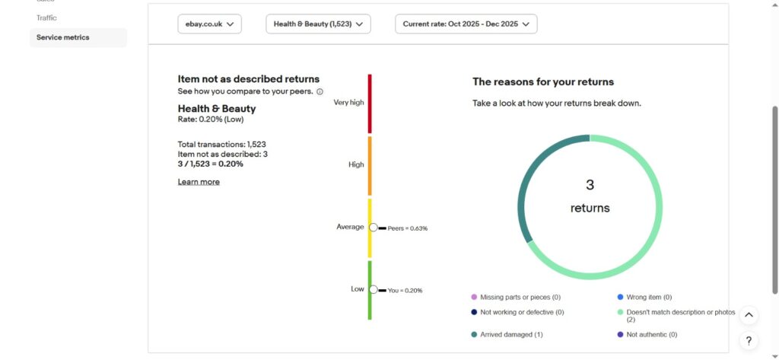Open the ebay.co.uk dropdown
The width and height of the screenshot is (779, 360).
[x=209, y=24]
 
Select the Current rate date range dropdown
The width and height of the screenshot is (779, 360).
[x=466, y=24]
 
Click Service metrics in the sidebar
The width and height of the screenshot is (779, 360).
[x=62, y=37]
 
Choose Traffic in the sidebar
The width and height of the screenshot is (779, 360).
[x=46, y=18]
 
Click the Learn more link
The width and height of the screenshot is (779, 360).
[x=199, y=182]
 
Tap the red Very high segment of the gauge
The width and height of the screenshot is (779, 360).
[x=370, y=103]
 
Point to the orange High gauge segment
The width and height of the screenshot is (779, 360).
[x=370, y=165]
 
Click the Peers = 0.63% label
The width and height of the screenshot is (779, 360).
[x=407, y=228]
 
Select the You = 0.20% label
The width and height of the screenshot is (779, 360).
[x=405, y=290]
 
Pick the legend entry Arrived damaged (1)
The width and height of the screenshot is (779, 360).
[x=506, y=334]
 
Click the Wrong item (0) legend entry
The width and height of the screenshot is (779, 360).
[x=649, y=297]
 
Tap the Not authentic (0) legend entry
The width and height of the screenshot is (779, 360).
[x=651, y=334]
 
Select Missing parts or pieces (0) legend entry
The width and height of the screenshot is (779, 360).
[x=520, y=297]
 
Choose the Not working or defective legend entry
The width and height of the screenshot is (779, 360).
[x=521, y=312]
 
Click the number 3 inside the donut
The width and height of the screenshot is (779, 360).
[x=590, y=185]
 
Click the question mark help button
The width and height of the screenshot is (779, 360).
[x=749, y=341]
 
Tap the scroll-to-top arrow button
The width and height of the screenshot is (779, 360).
[x=749, y=315]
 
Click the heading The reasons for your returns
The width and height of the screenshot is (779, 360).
[x=543, y=81]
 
